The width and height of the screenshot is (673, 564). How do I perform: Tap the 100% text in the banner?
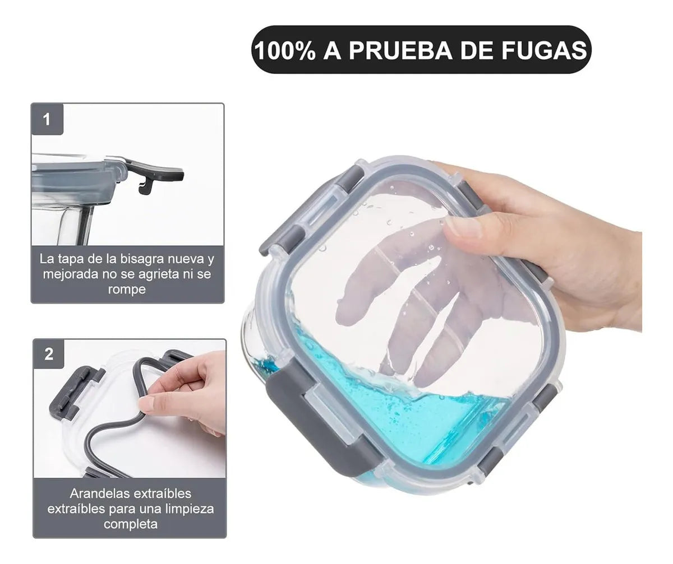coord(284,50)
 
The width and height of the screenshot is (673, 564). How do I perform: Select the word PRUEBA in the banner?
coord(400,50)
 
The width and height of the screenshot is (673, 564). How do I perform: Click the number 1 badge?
coord(47,119)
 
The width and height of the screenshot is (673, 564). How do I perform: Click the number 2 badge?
coord(49,354)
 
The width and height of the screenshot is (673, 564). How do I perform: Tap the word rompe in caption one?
coord(127,289)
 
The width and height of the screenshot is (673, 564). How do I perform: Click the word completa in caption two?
coord(131,524)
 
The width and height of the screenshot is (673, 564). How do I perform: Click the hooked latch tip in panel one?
coord(144,189)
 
